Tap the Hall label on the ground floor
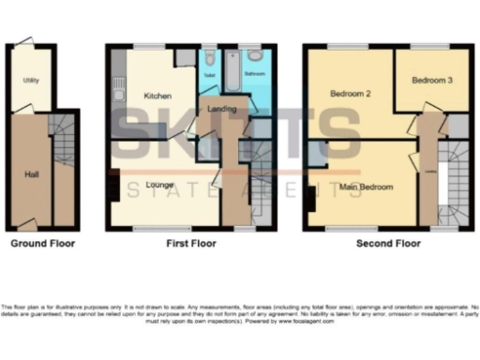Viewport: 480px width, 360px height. click(x=32, y=173)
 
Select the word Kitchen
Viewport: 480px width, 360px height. click(x=155, y=96)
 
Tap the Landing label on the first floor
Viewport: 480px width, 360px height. click(x=221, y=110)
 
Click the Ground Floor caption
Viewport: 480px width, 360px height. click(x=42, y=243)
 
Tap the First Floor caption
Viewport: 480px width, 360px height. click(x=191, y=243)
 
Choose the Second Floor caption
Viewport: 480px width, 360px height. click(x=388, y=243)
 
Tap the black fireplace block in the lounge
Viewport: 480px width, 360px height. click(x=113, y=187)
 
